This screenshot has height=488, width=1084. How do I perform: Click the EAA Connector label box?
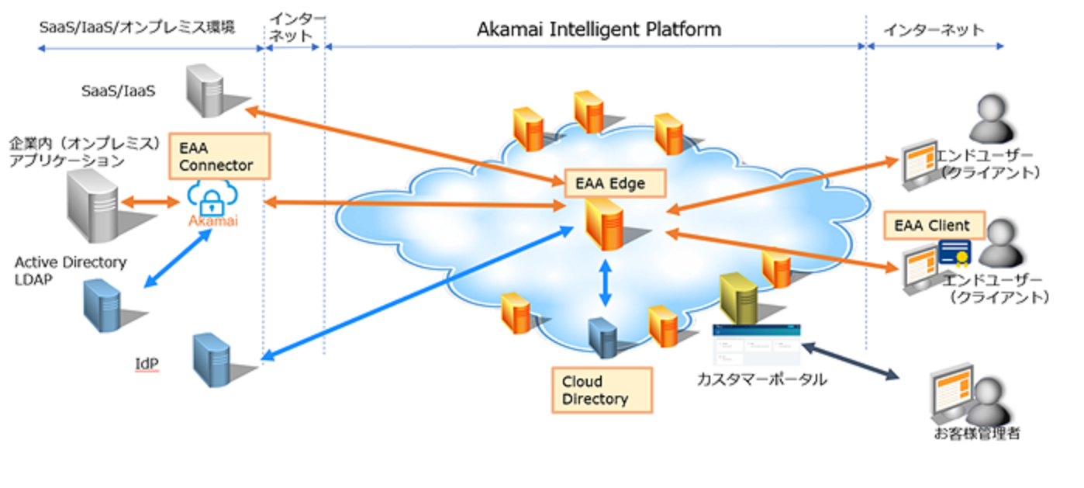point(218,155)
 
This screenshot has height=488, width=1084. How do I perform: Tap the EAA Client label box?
point(934,226)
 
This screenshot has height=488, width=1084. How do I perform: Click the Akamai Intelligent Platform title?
point(599,30)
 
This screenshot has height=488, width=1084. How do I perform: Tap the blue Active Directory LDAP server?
point(104,305)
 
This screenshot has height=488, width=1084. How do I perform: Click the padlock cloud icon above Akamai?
point(212,199)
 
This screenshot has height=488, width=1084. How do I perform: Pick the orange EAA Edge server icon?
point(606,224)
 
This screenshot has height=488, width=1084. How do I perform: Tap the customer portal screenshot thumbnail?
point(756,344)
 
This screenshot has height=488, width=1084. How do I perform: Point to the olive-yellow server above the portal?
point(738,299)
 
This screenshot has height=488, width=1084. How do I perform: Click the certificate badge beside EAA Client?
point(955,252)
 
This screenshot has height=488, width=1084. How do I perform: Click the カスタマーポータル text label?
point(761,380)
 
